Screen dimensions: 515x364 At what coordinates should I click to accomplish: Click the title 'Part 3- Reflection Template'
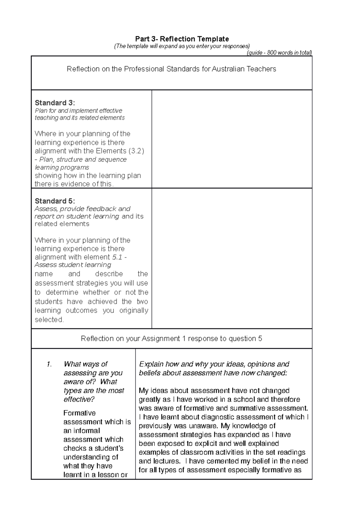click(x=182, y=39)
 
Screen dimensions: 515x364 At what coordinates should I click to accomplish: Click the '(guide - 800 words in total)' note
click(x=279, y=53)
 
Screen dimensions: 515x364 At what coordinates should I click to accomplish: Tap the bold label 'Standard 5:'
click(x=55, y=201)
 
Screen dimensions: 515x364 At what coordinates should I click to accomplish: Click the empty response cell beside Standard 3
click(x=232, y=139)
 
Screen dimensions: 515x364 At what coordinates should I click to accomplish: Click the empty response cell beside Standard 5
click(x=232, y=258)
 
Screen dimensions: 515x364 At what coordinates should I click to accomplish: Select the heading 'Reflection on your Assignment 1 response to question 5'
click(x=171, y=338)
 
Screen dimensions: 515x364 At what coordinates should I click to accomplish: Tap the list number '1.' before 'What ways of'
click(x=49, y=364)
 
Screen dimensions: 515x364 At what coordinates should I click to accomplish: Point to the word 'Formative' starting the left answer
click(x=79, y=413)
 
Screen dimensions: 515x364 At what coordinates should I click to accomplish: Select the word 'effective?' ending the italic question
click(x=79, y=399)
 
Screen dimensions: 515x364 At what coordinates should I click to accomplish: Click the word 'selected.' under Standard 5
click(x=49, y=320)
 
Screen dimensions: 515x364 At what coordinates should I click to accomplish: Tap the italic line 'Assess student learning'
click(x=73, y=265)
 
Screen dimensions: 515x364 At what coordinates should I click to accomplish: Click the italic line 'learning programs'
click(x=62, y=167)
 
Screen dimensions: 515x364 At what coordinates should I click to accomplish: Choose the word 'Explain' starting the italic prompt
click(x=151, y=364)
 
